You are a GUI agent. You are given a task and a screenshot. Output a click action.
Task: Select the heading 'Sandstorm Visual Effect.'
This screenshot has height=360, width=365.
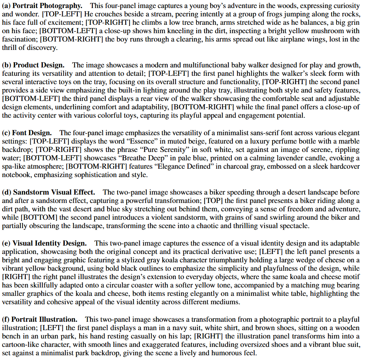(x=54, y=192)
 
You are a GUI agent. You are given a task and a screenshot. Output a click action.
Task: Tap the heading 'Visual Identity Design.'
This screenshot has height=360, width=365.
(x=49, y=243)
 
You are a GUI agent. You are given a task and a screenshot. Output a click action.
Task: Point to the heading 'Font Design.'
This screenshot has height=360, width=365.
(x=32, y=133)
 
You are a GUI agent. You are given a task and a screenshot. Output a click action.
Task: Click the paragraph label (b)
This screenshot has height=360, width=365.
(x=7, y=65)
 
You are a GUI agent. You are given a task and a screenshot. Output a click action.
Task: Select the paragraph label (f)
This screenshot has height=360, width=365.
(x=6, y=320)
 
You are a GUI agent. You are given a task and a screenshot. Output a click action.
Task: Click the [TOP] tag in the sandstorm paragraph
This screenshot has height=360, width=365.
(x=211, y=201)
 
